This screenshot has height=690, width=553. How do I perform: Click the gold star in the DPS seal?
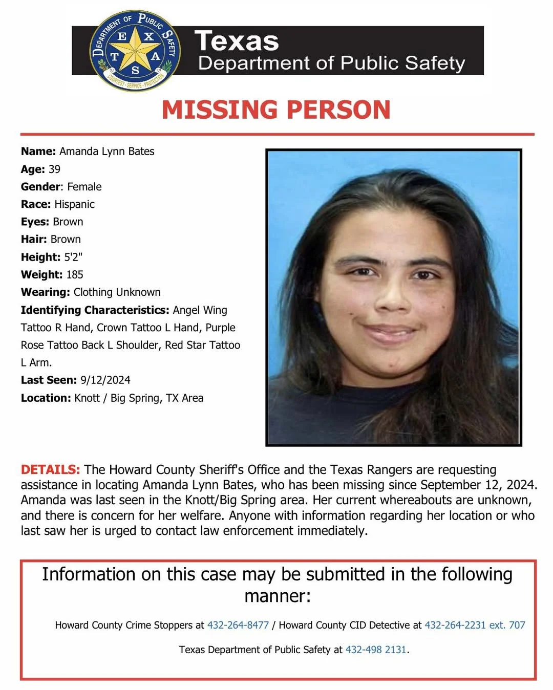click(135, 51)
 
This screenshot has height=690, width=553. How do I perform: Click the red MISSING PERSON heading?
click(276, 110)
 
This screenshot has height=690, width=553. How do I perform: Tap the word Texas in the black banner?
click(237, 41)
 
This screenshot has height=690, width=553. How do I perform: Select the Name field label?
click(38, 152)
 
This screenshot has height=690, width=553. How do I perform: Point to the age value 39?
click(54, 169)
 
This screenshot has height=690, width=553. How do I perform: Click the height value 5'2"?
click(73, 257)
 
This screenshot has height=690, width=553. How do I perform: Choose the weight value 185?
click(74, 274)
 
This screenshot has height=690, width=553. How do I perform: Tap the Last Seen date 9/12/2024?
click(105, 380)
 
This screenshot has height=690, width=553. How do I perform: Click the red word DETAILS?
click(50, 469)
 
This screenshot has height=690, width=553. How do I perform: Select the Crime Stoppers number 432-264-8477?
click(238, 625)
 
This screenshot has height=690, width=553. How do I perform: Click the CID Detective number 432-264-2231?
click(455, 625)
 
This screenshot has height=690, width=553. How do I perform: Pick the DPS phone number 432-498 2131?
click(376, 650)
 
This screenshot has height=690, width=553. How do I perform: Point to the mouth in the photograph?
click(391, 332)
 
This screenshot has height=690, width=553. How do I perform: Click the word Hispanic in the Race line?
click(74, 204)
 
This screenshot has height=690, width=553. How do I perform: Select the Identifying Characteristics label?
click(95, 310)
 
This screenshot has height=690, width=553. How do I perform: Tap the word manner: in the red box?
click(277, 596)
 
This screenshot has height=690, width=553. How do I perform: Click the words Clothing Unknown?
click(117, 292)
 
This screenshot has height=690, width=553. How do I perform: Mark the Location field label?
click(46, 398)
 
